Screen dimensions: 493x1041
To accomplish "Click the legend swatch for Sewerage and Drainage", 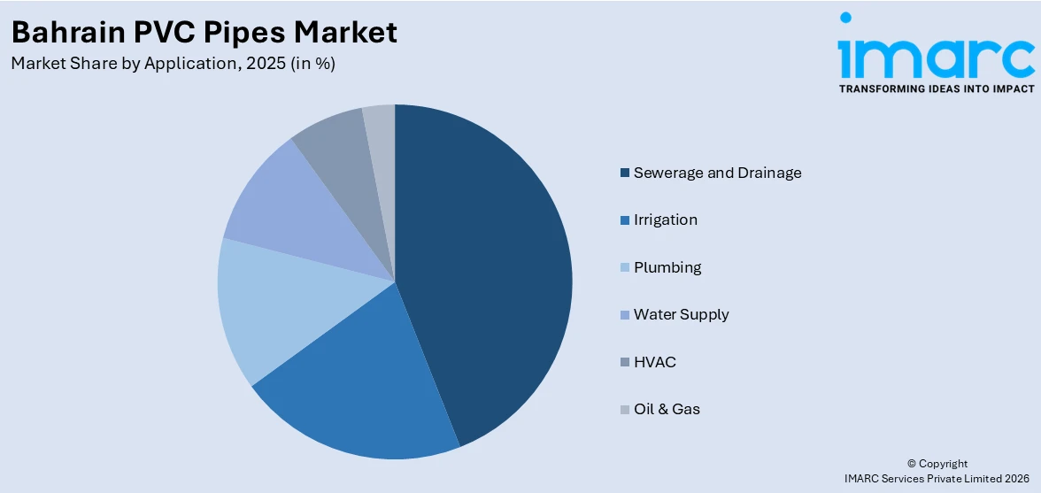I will tap(625, 173).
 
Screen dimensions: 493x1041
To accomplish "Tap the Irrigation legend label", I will tap(665, 220).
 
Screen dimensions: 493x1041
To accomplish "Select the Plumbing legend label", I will tap(667, 267).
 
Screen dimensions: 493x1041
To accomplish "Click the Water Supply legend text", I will tap(681, 314).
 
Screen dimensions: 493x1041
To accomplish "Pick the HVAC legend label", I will tap(654, 362).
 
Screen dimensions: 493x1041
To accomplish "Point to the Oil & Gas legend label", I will tap(667, 409).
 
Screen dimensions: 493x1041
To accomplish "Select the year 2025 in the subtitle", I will tap(263, 64).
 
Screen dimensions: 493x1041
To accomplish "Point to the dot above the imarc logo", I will tap(845, 17).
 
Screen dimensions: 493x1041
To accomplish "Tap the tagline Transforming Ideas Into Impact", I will tap(936, 89).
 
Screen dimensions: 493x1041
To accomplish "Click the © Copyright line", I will tap(937, 464).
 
